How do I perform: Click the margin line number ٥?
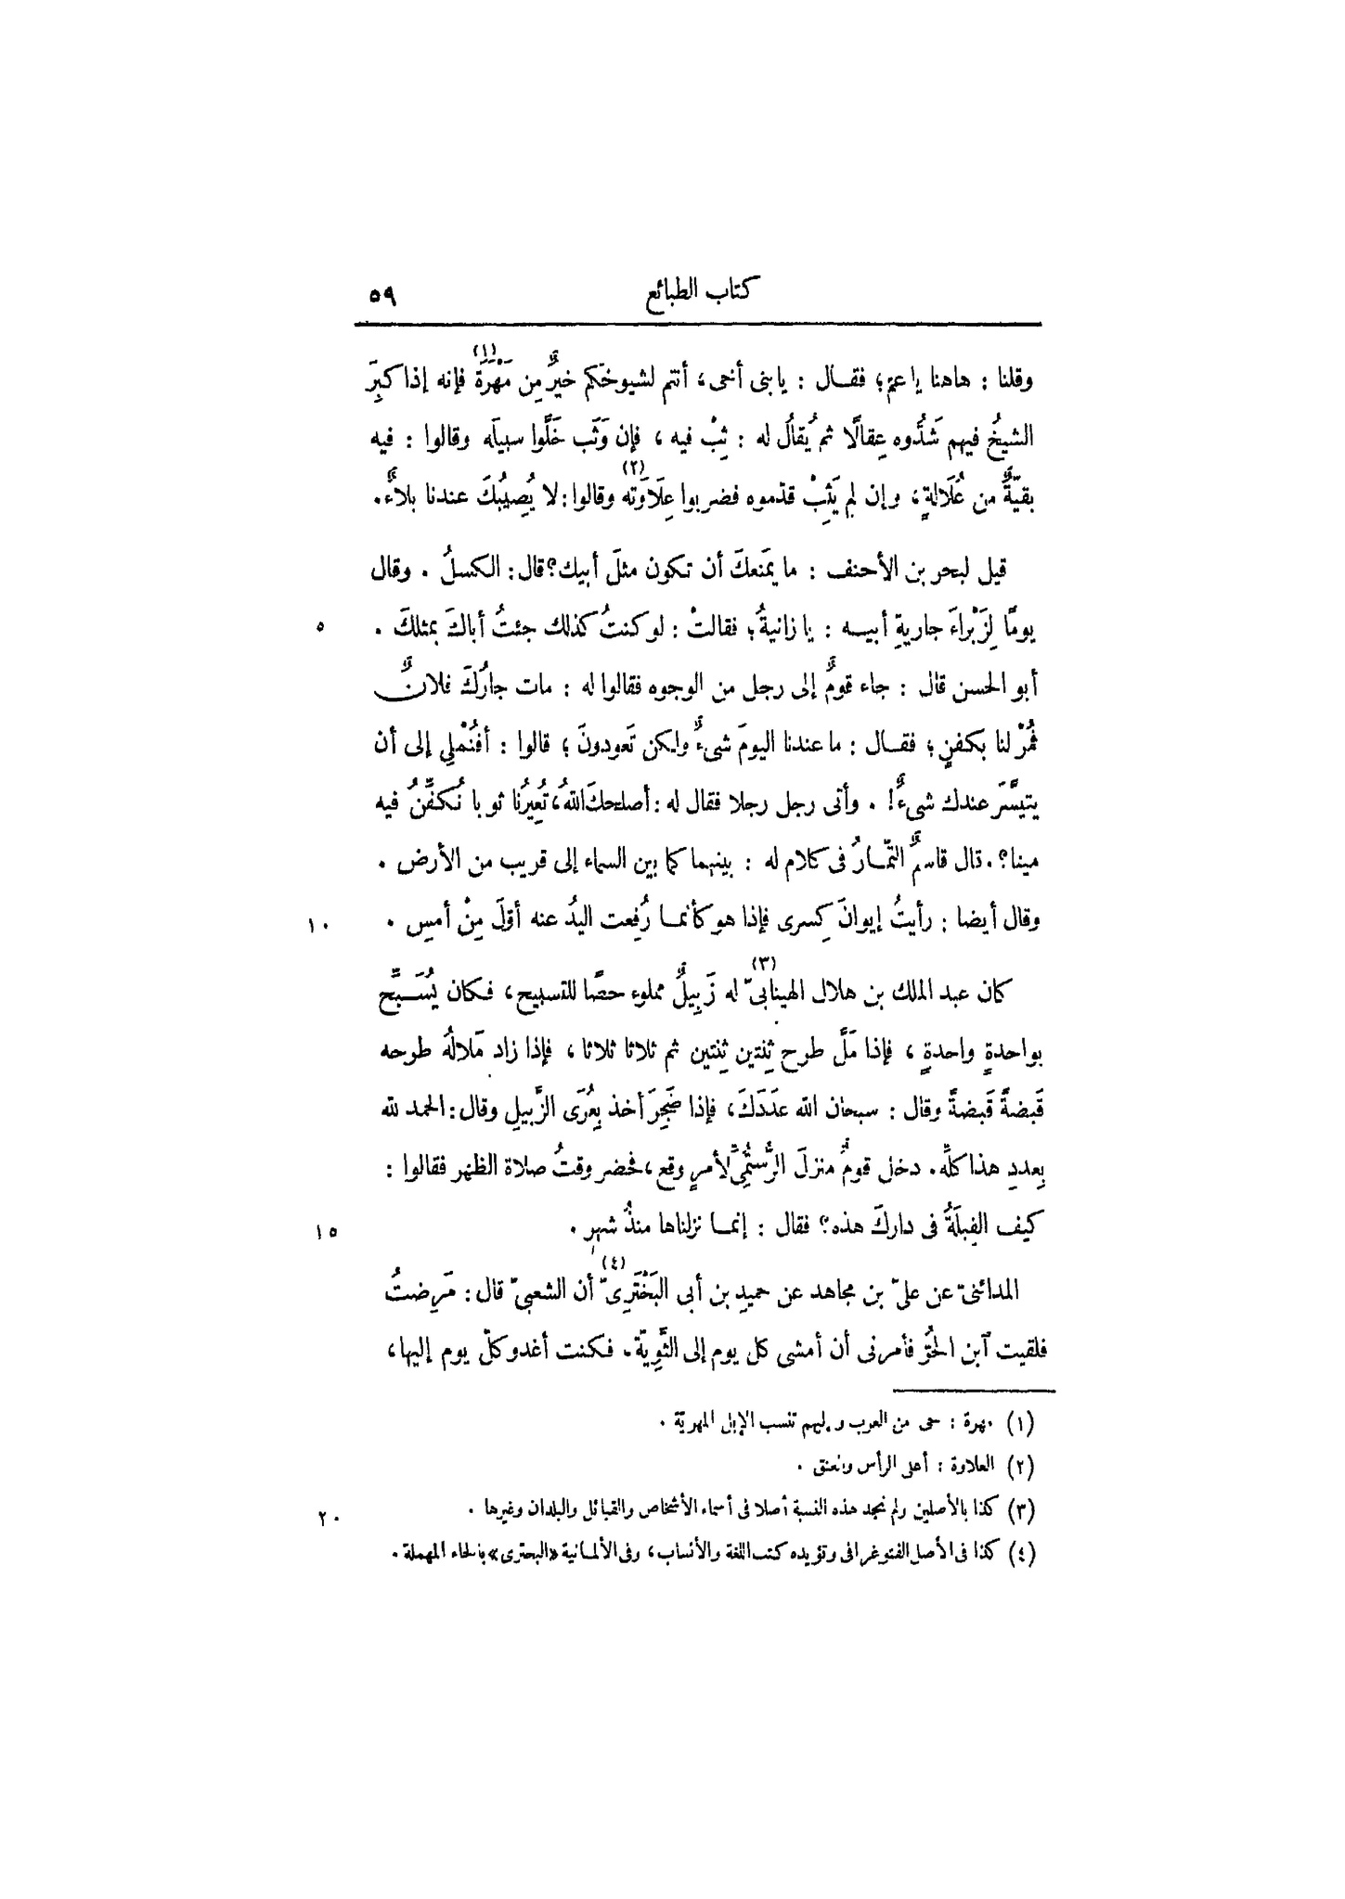[x=319, y=628]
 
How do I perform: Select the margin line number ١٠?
[x=315, y=923]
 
